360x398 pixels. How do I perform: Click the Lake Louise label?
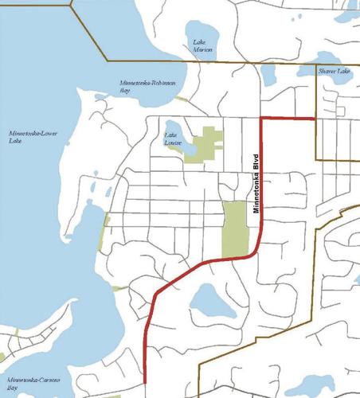coord(174,139)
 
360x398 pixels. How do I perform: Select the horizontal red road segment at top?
coord(288,119)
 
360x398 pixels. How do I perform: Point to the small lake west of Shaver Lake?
coord(267,76)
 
